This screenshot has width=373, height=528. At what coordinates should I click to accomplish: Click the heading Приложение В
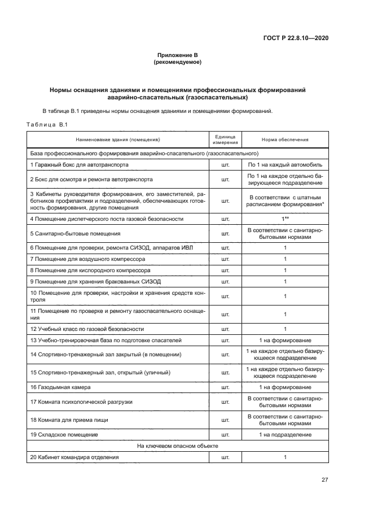click(x=177, y=55)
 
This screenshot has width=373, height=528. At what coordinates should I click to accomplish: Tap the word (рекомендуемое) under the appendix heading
click(x=177, y=62)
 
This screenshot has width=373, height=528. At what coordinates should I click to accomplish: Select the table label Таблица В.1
click(x=47, y=125)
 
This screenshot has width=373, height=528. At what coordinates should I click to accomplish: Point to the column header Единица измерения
click(x=225, y=139)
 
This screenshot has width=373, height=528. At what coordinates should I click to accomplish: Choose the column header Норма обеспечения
click(x=285, y=139)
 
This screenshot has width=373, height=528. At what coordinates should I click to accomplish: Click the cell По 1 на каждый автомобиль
click(x=285, y=165)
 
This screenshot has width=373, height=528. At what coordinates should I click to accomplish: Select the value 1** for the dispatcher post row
click(x=285, y=219)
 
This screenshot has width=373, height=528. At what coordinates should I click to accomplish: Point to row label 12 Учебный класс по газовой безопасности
click(x=87, y=329)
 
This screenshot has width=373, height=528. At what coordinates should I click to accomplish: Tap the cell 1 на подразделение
click(x=285, y=435)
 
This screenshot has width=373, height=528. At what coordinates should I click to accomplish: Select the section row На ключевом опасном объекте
click(x=177, y=446)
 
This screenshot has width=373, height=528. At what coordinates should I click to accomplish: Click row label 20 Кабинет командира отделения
click(x=74, y=457)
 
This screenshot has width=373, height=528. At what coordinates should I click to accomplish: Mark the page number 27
click(x=324, y=480)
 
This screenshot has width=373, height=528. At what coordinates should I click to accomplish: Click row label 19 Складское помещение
click(x=64, y=435)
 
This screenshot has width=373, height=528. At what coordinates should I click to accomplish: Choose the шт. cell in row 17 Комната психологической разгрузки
click(x=225, y=402)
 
